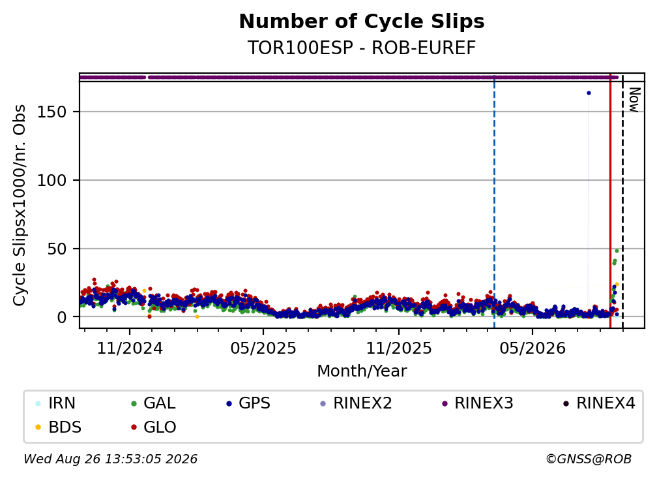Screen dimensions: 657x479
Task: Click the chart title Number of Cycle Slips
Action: [x=362, y=22]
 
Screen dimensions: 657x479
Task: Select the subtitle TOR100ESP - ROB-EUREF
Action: [x=362, y=48]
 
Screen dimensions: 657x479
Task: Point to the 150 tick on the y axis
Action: [x=52, y=112]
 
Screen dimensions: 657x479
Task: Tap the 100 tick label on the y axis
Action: [x=52, y=181]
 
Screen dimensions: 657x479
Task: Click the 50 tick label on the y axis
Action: [x=57, y=249]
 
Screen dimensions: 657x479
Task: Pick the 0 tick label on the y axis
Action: [x=62, y=318]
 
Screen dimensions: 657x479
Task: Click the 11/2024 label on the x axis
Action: [x=130, y=348]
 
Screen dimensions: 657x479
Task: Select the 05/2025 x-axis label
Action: [x=263, y=348]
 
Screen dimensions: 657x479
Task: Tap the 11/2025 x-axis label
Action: [x=399, y=348]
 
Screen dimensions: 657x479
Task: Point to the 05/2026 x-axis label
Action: [x=533, y=348]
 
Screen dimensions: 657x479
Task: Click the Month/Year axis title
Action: [x=362, y=371]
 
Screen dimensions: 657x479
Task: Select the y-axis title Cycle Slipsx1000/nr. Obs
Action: [x=20, y=205]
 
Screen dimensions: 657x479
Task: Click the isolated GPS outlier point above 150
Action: [x=589, y=93]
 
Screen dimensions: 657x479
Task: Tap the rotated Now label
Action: [x=634, y=100]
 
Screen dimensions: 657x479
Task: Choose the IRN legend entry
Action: [x=56, y=403]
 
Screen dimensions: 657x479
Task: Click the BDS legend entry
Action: [x=59, y=427]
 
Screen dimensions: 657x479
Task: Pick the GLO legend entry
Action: [x=153, y=427]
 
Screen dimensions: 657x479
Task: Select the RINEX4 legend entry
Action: [x=599, y=403]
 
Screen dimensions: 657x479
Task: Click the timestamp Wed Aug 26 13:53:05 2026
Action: [x=111, y=459]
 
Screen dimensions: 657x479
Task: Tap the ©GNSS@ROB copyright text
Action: [x=589, y=459]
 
